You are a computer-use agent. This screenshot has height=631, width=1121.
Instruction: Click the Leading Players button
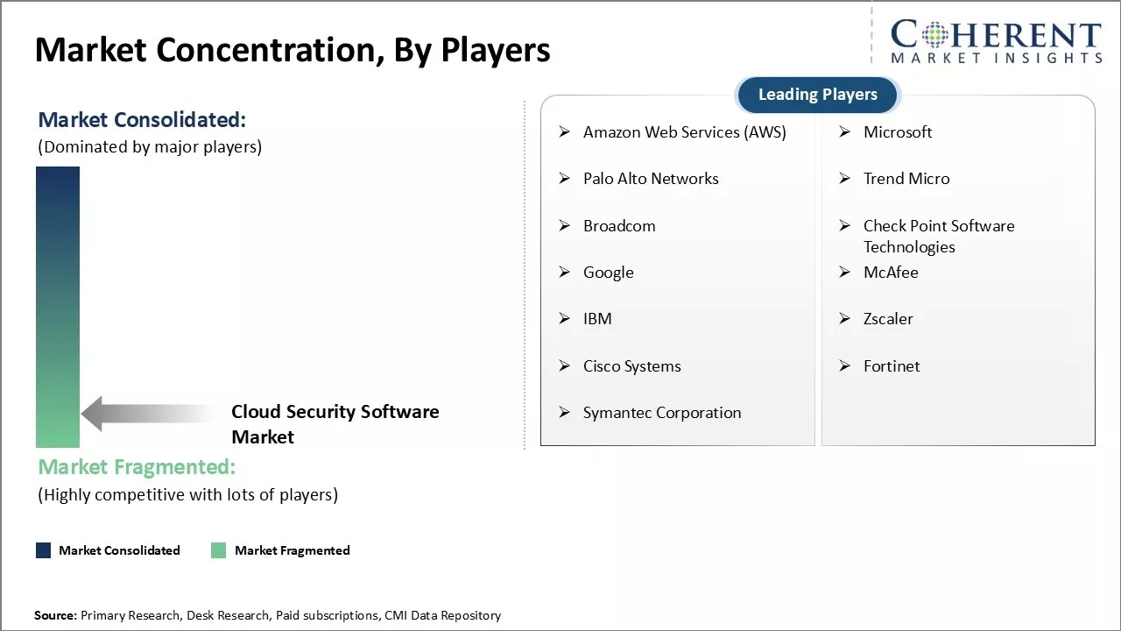[x=817, y=95]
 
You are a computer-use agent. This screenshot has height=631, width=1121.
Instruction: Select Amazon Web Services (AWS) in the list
[x=684, y=132]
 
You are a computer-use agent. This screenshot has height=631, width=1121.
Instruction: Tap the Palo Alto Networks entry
[x=651, y=179]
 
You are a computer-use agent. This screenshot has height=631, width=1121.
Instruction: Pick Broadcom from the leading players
[x=619, y=226]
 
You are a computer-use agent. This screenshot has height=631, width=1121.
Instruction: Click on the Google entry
[x=608, y=273]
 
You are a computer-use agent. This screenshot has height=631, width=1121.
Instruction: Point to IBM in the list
[x=597, y=319]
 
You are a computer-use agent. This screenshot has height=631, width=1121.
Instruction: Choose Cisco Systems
[x=631, y=366]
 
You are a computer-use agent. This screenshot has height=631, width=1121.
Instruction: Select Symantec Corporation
[x=661, y=413]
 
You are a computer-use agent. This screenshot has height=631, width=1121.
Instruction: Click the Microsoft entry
[x=898, y=132]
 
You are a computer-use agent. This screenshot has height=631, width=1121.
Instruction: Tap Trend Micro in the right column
[x=906, y=179]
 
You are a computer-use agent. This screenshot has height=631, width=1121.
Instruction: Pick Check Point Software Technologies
[x=938, y=236]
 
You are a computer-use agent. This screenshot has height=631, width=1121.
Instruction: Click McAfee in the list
[x=891, y=273]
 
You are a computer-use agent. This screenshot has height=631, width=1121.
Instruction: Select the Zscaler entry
[x=888, y=319]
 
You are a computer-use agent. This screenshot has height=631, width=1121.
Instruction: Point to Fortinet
[x=892, y=366]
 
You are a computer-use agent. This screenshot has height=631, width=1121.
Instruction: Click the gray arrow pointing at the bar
[x=145, y=414]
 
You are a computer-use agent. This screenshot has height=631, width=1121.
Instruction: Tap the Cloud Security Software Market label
[x=335, y=424]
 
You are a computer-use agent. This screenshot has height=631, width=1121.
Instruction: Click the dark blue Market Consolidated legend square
[x=44, y=550]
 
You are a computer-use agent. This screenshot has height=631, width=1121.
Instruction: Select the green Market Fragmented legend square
[x=219, y=550]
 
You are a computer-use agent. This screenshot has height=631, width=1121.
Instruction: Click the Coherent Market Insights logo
[x=996, y=41]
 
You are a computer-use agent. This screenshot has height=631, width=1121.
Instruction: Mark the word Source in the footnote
[x=55, y=616]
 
